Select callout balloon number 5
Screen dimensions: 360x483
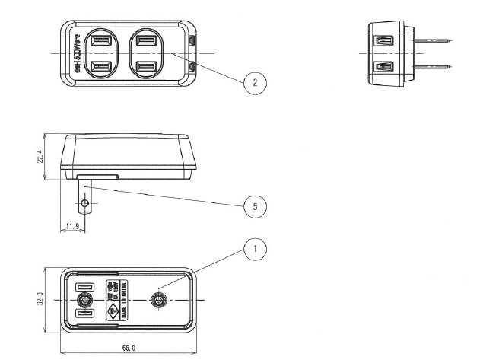click(x=254, y=205)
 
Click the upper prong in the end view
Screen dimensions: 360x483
click(x=434, y=40)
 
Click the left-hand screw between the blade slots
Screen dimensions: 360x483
click(x=85, y=300)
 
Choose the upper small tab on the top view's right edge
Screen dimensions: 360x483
click(x=193, y=39)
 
